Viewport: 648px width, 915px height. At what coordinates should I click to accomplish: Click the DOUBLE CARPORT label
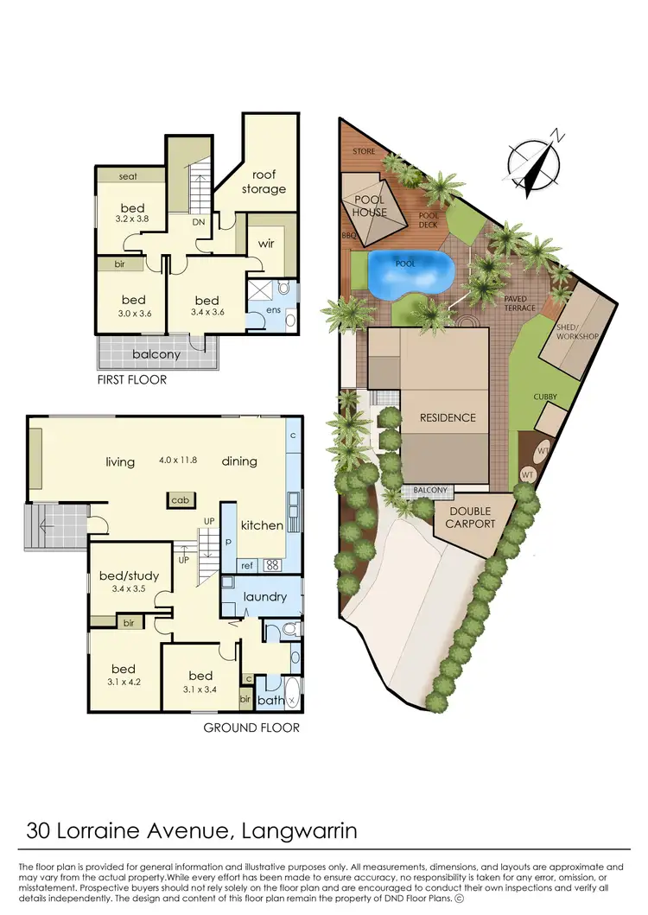[471, 518]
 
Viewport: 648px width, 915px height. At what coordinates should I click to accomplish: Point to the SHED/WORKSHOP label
[578, 331]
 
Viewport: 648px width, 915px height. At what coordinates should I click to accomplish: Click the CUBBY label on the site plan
[545, 397]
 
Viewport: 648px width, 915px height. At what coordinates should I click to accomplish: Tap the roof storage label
[264, 182]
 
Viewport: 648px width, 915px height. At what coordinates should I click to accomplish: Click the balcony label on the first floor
[156, 354]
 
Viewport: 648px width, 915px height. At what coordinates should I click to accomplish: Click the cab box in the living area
[181, 500]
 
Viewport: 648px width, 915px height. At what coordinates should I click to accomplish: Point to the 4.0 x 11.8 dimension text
[178, 460]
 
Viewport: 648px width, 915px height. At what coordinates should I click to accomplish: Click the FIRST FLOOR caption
[132, 379]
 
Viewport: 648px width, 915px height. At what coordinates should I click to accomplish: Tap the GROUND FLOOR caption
[251, 728]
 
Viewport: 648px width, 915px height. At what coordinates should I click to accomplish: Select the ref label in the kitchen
[245, 566]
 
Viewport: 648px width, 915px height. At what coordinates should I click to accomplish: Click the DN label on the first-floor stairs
[198, 222]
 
